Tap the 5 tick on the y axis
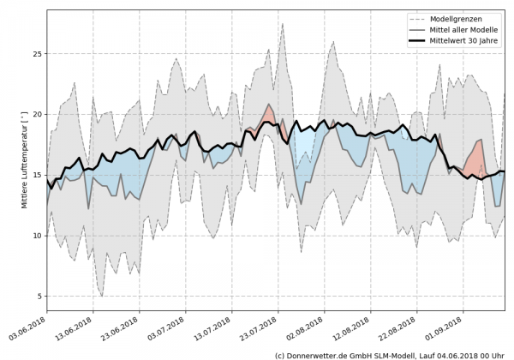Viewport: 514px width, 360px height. [x=39, y=297]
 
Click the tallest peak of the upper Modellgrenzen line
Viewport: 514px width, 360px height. [x=283, y=24]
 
